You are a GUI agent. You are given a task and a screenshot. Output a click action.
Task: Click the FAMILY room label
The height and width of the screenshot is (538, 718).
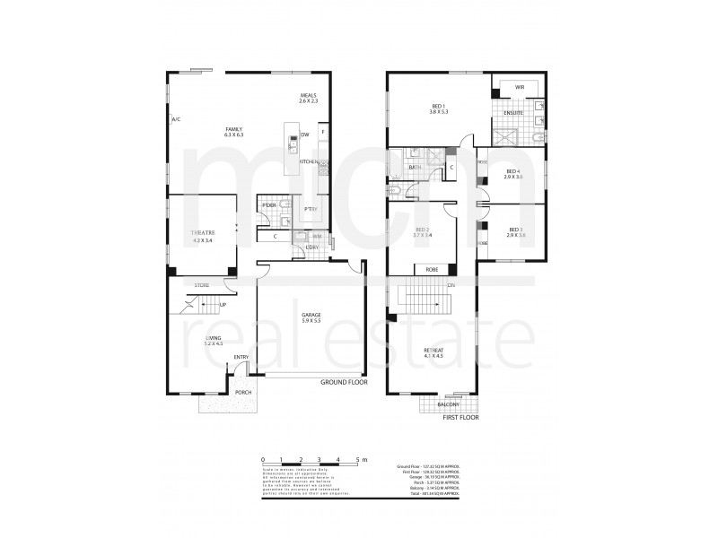(x=235, y=131)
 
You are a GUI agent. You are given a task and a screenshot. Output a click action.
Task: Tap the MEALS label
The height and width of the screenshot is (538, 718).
(x=310, y=97)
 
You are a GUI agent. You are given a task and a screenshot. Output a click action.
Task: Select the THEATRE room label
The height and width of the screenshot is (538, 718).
(x=203, y=236)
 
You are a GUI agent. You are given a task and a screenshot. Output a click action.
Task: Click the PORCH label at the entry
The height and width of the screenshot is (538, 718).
(x=241, y=392)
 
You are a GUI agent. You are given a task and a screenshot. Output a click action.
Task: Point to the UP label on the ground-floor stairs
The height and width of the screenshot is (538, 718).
(x=223, y=305)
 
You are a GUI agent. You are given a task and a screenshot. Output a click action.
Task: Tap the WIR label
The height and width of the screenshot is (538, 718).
(x=519, y=87)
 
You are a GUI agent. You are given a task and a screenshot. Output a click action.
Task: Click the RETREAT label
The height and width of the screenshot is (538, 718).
(x=433, y=351)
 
